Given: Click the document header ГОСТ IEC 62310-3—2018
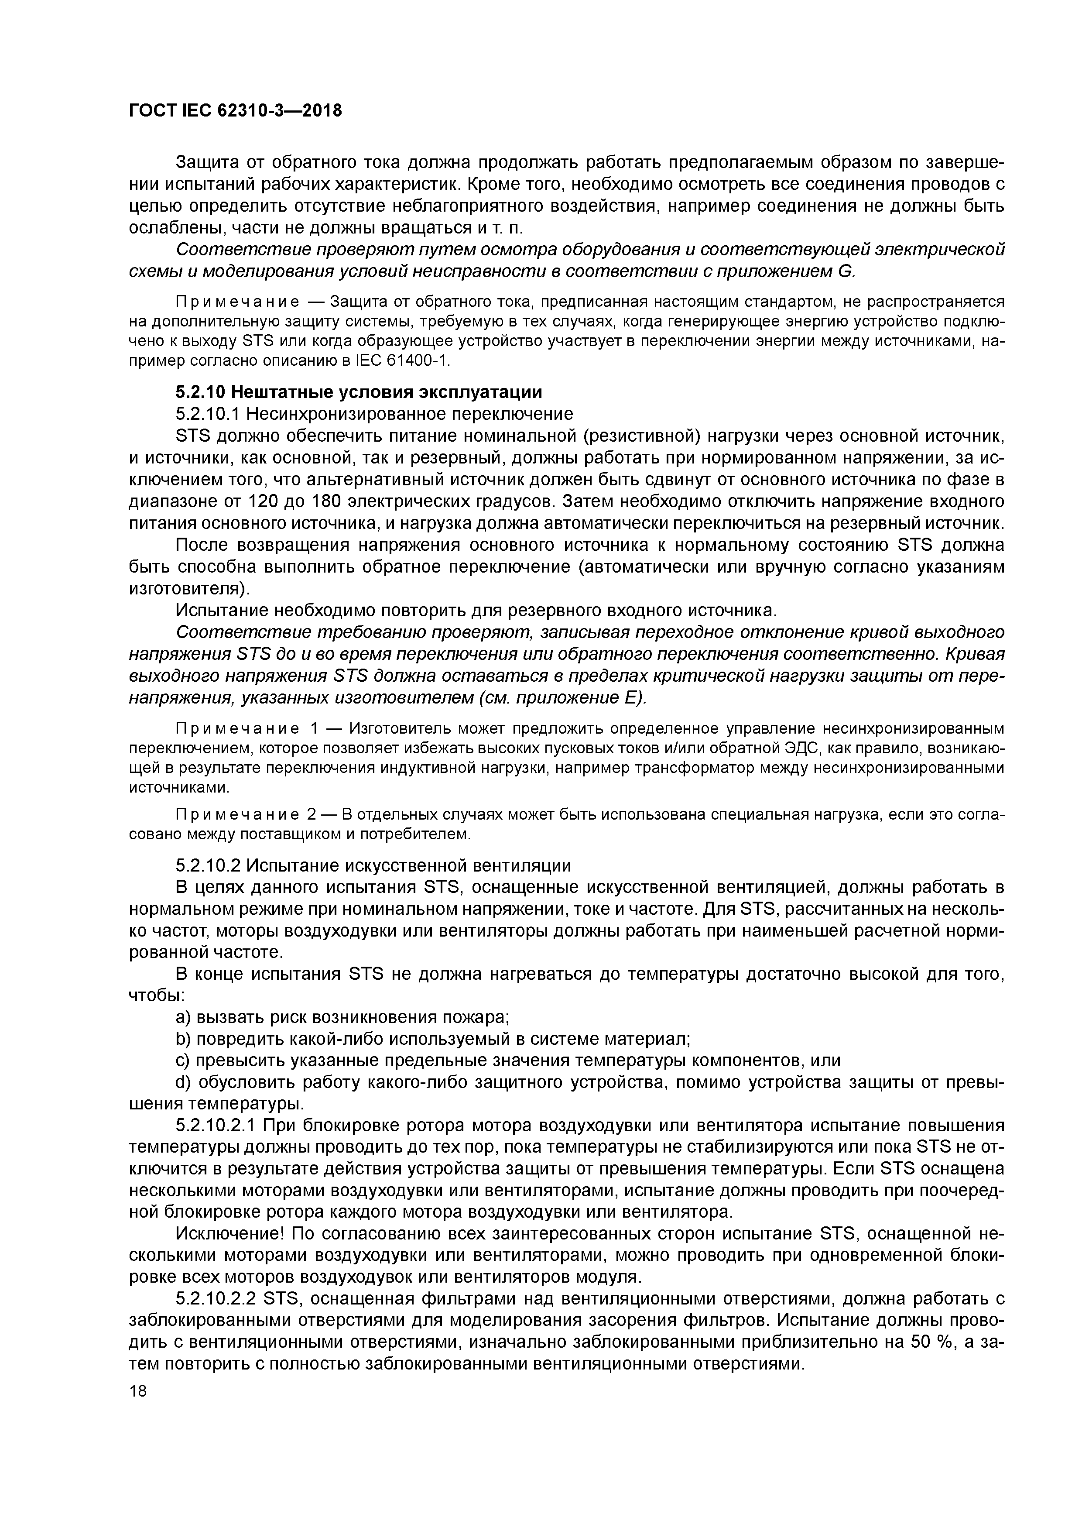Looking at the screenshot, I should pos(235,111).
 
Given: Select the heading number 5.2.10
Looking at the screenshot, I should pos(201,392).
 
